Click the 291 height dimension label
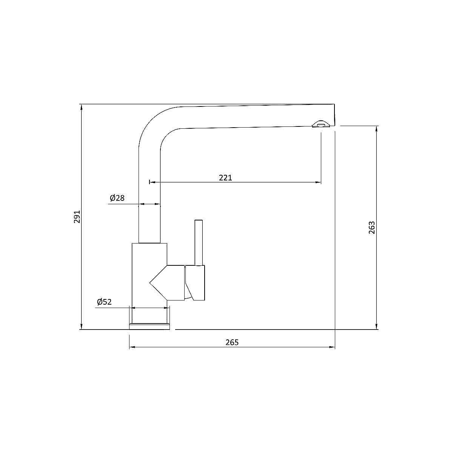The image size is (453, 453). click(77, 217)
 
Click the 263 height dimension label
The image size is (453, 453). click(372, 228)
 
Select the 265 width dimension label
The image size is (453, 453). click(232, 342)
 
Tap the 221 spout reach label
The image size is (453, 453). click(225, 178)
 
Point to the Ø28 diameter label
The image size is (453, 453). click(117, 198)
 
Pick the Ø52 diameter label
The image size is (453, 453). click(104, 302)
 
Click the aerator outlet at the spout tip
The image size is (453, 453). click(321, 124)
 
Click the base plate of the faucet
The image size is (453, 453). click(149, 327)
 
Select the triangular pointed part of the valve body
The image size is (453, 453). click(159, 283)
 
